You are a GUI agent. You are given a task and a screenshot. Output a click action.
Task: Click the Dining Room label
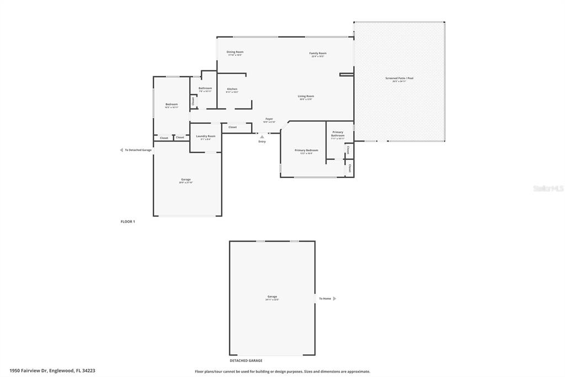tap(235, 52)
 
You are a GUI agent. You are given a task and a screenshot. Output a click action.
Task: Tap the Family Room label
tap(318, 54)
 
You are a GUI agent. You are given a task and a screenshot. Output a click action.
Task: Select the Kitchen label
tap(232, 89)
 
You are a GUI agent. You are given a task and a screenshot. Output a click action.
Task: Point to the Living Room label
tap(306, 96)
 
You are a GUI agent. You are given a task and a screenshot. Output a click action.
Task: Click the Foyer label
tap(269, 119)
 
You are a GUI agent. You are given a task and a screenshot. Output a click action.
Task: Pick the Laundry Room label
tap(206, 136)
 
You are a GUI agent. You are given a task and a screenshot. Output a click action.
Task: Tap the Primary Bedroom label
tap(306, 150)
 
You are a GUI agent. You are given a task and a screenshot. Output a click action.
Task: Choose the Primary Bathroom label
tap(338, 134)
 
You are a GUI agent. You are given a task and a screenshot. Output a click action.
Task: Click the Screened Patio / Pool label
tap(399, 78)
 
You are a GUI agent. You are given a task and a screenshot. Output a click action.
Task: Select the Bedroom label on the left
tap(172, 104)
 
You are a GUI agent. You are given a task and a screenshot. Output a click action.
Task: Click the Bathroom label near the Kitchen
tap(205, 88)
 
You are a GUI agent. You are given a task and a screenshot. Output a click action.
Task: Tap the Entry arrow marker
tap(262, 137)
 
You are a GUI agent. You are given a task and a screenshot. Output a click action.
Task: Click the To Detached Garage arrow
tap(121, 150)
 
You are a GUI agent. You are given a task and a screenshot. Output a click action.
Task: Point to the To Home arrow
tap(334, 299)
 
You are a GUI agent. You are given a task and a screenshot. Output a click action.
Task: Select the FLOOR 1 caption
tap(128, 222)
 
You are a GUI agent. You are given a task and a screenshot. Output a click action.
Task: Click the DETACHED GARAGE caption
tap(246, 360)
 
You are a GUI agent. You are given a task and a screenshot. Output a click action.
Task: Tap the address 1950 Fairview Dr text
tap(52, 370)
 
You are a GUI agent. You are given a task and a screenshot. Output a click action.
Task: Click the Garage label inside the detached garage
tap(273, 297)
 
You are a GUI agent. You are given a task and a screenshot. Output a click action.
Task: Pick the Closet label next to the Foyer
tap(232, 127)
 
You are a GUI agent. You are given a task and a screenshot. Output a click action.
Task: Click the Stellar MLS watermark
tap(548, 188)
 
